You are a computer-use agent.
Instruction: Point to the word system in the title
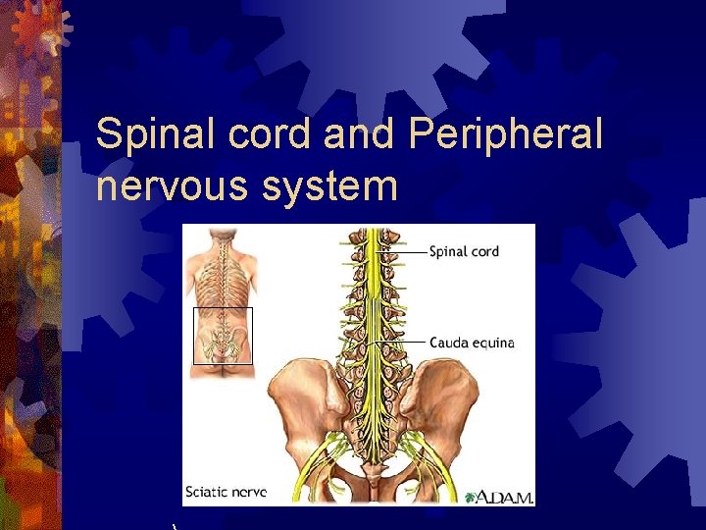[330, 185]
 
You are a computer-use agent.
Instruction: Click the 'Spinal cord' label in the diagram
[464, 251]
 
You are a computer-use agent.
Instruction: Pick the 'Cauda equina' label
[472, 343]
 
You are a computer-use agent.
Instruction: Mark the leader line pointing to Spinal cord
[405, 252]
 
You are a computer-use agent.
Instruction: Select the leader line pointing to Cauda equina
[402, 343]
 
